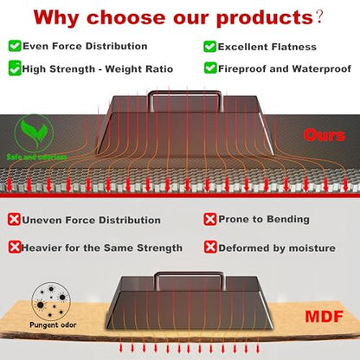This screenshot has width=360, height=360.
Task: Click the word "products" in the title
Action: point(265,18)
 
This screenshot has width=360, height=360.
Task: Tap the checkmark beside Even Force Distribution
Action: point(15,46)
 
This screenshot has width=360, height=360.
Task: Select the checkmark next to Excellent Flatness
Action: point(209,47)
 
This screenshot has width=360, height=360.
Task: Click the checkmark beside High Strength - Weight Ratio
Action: point(15,68)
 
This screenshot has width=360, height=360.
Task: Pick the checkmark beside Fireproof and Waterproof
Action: point(210,68)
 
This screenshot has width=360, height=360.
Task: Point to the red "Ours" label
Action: point(325,135)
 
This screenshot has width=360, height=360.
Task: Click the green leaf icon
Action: point(34,133)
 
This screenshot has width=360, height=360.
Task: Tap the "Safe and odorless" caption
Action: point(36,157)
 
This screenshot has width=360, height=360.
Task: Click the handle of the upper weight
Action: point(185,93)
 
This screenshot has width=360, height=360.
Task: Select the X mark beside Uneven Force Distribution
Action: point(14,220)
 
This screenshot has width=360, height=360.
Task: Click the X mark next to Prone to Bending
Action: point(210,219)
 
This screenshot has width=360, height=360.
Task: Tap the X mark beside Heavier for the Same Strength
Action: point(15,247)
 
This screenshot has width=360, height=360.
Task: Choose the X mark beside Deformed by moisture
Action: point(210,247)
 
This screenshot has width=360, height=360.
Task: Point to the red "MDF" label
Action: point(325,317)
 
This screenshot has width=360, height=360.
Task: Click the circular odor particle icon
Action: point(51,301)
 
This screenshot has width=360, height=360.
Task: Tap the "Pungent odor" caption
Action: point(53,325)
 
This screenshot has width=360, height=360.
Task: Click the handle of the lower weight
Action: point(190,273)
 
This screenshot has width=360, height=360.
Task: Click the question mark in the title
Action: point(319,18)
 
